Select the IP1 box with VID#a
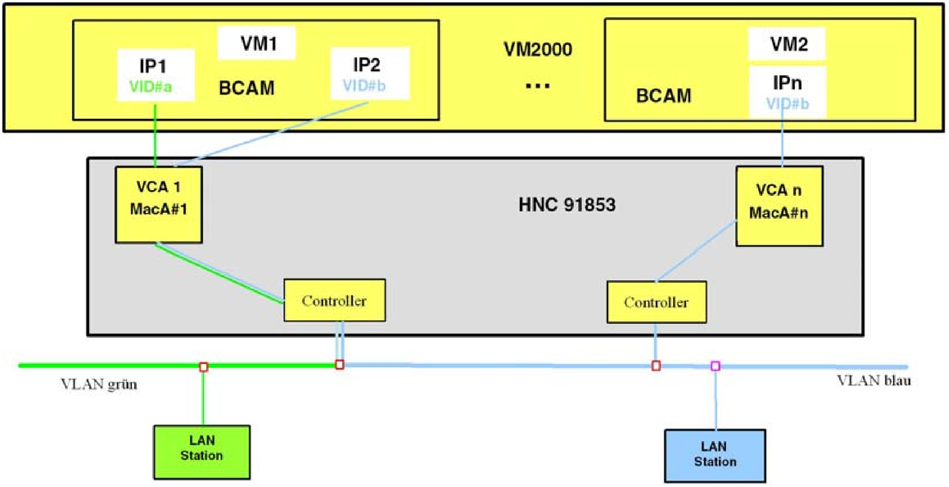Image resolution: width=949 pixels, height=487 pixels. tap(156, 75)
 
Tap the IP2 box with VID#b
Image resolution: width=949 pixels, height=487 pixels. tap(370, 74)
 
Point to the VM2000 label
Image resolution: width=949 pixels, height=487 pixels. tap(538, 49)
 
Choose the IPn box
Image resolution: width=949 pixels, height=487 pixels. tap(788, 92)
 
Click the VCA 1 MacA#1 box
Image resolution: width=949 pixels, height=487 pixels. tap(159, 204)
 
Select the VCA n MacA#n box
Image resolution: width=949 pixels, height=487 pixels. tap(780, 206)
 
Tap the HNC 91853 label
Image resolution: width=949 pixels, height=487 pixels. tap(567, 205)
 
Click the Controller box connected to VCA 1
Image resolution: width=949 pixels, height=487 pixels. tap(335, 300)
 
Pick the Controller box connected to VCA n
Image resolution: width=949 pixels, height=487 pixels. tap(657, 302)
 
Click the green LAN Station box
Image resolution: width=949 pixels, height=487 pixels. tap(202, 452)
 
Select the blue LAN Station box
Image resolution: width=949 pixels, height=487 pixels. tap(715, 455)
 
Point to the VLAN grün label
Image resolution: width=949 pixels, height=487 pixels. tap(99, 384)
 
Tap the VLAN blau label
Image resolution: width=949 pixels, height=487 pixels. tap(874, 381)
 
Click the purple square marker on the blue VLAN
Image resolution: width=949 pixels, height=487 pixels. tap(715, 366)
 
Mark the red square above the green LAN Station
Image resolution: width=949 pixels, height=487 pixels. tap(204, 367)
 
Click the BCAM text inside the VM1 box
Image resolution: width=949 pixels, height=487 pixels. tap(247, 88)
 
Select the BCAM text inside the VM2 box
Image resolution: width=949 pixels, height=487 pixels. tap(664, 95)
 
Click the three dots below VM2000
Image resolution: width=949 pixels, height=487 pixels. tap(538, 86)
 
